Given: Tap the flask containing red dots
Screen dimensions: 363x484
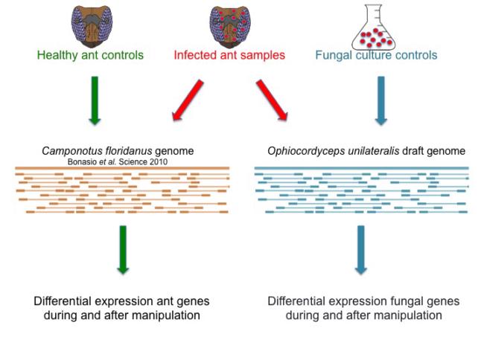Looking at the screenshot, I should pyautogui.click(x=378, y=25).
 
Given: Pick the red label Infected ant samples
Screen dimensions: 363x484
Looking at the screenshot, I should pyautogui.click(x=229, y=55).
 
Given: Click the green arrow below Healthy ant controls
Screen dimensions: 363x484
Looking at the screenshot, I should pyautogui.click(x=94, y=99).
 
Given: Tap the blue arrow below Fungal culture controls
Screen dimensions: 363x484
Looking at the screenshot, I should pyautogui.click(x=380, y=99).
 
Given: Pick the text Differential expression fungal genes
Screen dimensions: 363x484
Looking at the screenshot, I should pyautogui.click(x=363, y=301).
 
